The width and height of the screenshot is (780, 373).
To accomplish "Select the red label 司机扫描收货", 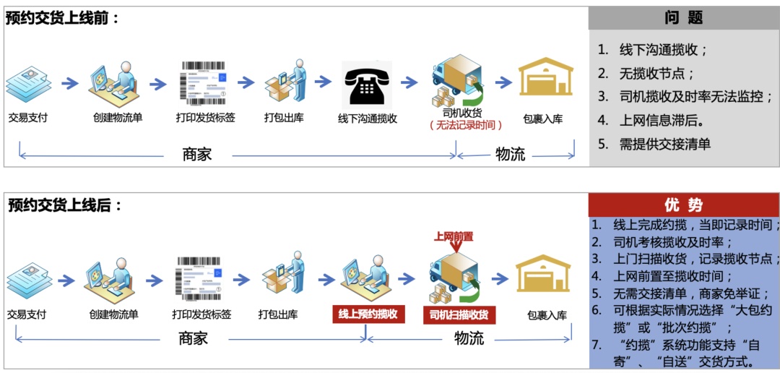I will click(x=458, y=314).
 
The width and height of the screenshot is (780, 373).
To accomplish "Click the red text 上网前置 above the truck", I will click(x=453, y=236).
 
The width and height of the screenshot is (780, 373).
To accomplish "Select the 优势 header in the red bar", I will click(x=682, y=205).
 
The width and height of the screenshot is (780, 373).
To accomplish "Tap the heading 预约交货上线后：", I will click(x=65, y=205).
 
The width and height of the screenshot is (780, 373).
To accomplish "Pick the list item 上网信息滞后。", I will click(x=662, y=120).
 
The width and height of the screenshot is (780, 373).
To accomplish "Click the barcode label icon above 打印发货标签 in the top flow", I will click(x=205, y=83).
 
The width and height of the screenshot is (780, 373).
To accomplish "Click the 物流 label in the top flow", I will click(x=510, y=154).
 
